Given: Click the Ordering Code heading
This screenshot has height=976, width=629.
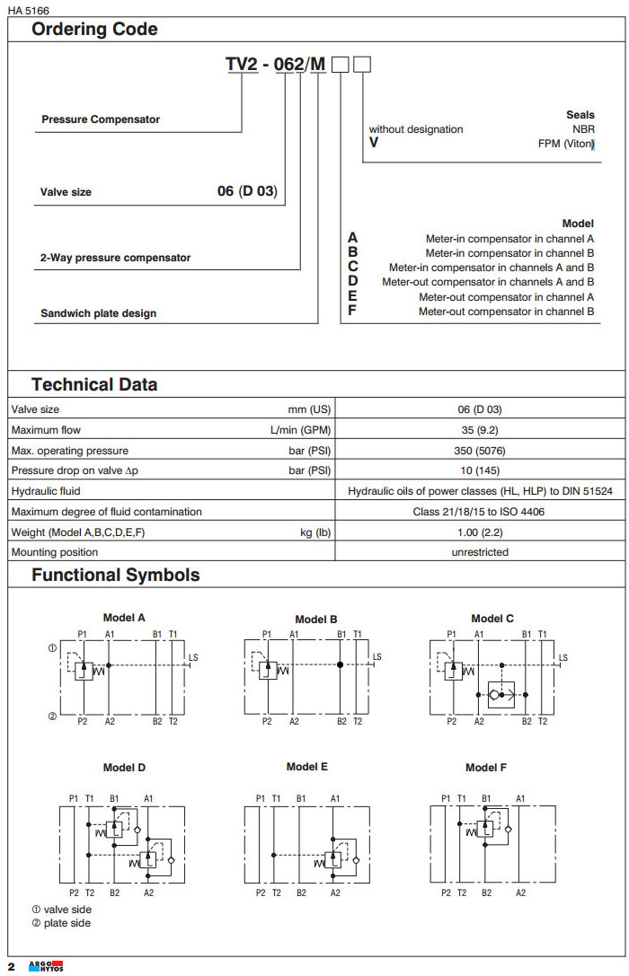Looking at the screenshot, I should pos(94,29).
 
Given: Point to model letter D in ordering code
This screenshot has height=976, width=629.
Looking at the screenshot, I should pos(353,281).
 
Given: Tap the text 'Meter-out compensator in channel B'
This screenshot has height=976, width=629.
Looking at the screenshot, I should pos(506,312).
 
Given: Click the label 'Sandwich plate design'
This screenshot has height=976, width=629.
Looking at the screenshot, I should pos(98,313).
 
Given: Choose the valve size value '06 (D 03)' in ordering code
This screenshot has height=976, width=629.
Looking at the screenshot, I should pos(247,191).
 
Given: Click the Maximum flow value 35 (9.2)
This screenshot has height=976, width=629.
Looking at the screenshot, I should pos(478,430).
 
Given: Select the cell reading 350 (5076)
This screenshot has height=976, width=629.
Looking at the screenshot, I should pos(478,451).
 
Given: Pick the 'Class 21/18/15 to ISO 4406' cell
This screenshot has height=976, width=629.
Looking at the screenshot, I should pos(478,512).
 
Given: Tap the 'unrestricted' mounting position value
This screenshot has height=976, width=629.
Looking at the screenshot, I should pos(479,552).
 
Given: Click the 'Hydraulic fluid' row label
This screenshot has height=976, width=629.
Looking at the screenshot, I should pos(45,491).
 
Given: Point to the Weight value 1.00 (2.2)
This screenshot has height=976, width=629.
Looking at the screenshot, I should pos(478,532).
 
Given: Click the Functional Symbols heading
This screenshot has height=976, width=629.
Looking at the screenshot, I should pos(115,575).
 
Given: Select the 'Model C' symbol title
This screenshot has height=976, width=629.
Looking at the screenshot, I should pos(492,618).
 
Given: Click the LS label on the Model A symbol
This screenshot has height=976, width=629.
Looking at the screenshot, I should pos(193,657).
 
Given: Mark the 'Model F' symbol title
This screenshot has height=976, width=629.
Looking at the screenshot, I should pos(486,768).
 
